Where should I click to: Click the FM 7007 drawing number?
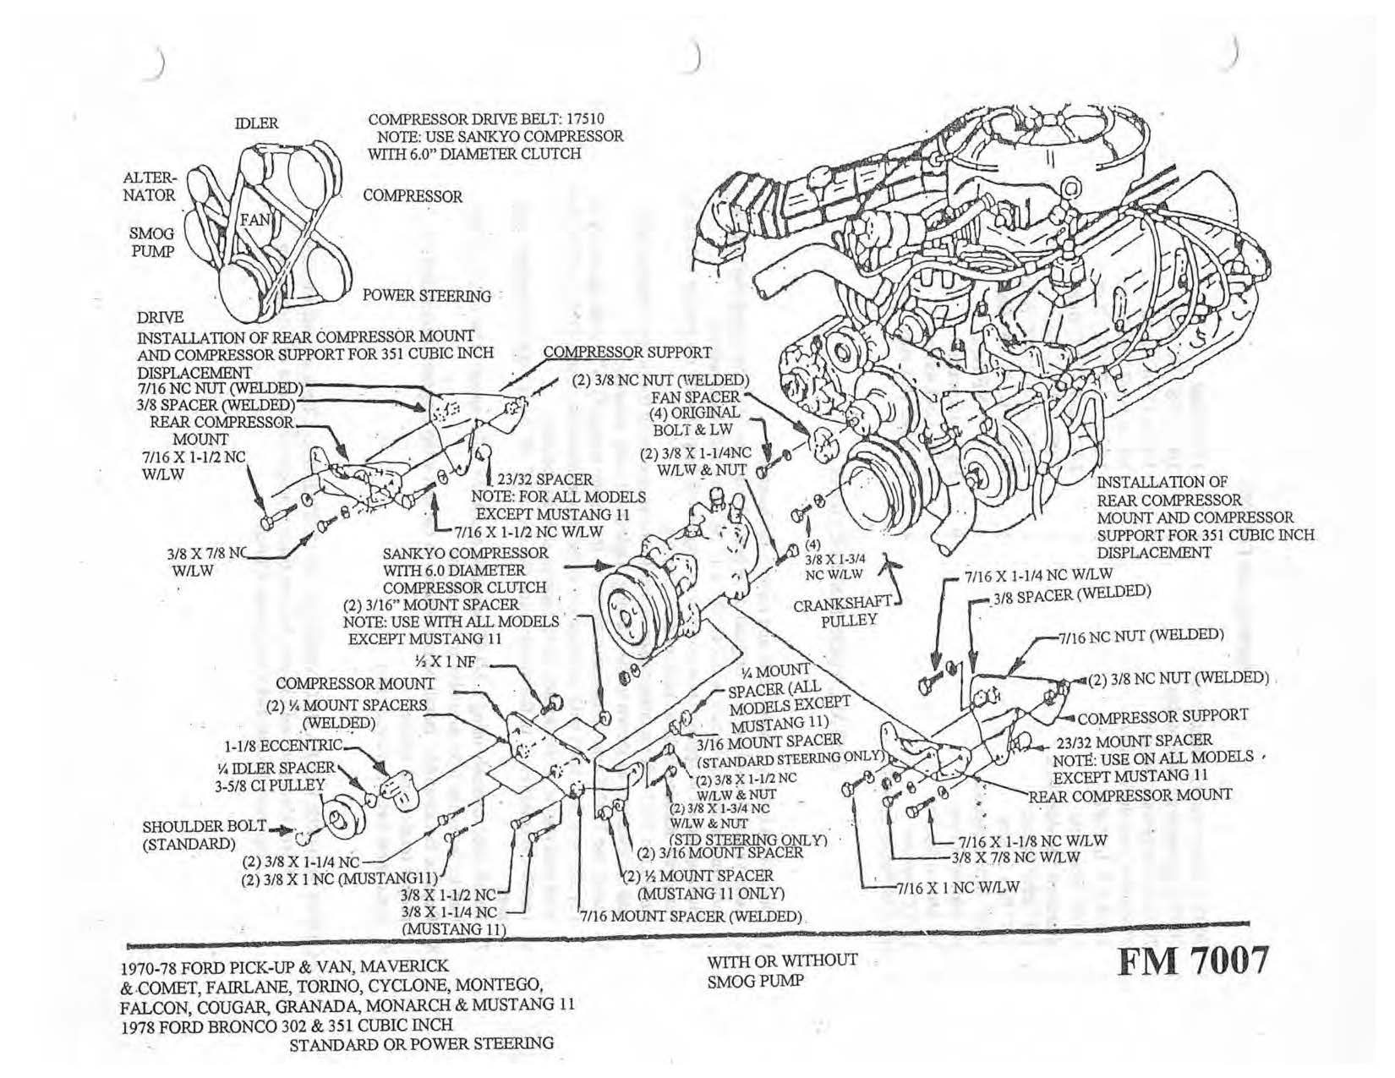[x=1194, y=961]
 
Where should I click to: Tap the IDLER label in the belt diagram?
[x=256, y=123]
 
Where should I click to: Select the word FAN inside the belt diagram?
[x=254, y=220]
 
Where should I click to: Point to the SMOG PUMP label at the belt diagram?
[x=152, y=242]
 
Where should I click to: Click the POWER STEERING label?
[x=426, y=296]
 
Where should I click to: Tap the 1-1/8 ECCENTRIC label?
[x=283, y=746]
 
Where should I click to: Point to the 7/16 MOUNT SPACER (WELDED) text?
[x=691, y=917]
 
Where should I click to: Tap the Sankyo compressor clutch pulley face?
[x=630, y=612]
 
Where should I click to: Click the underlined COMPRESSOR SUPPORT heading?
[x=626, y=352]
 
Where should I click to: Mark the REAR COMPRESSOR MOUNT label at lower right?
[x=1130, y=796]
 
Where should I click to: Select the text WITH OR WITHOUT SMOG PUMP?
[x=781, y=971]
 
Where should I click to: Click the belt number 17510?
[x=581, y=119]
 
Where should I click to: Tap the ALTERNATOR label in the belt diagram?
[x=150, y=187]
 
